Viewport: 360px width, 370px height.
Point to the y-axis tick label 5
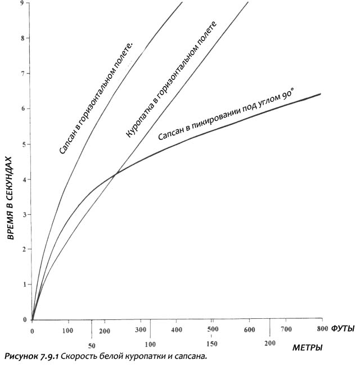tap(22, 143)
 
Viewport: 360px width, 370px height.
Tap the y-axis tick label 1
tap(22, 284)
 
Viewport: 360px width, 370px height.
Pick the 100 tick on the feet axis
tap(68, 328)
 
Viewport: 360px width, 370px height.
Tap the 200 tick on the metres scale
tap(271, 343)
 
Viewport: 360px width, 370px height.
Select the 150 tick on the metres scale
tap(211, 344)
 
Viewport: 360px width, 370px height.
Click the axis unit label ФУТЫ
tap(343, 328)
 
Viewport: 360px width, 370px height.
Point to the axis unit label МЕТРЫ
tap(307, 348)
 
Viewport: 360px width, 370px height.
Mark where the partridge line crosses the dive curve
tap(115, 175)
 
